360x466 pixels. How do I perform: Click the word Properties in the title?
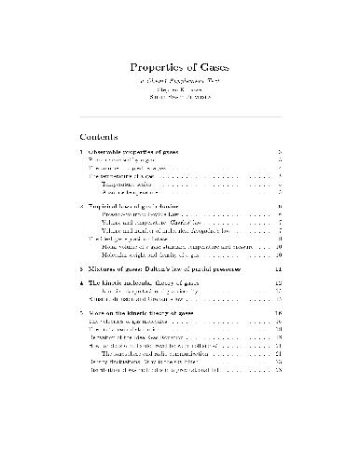156,67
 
